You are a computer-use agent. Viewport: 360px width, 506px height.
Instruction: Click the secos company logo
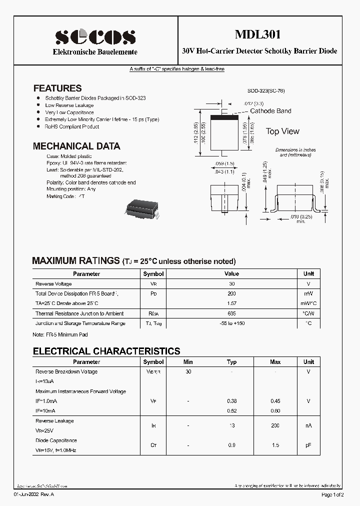[95, 36]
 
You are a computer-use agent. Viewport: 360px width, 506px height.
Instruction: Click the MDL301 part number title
[258, 34]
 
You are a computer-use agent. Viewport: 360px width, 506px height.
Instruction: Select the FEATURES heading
[57, 88]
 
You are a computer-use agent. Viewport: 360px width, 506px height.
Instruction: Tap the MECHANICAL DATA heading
[76, 146]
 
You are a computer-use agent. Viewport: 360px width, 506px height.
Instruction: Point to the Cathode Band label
[270, 111]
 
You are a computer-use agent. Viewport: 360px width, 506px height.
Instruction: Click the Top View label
[282, 131]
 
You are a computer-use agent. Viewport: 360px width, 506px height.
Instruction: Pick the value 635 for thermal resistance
[231, 313]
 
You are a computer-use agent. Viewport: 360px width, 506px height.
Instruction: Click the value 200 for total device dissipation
[231, 294]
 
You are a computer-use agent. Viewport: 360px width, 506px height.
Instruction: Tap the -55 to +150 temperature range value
[231, 323]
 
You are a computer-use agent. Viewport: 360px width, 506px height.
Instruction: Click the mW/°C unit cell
[308, 303]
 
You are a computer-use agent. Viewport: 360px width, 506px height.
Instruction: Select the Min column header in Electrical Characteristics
[188, 362]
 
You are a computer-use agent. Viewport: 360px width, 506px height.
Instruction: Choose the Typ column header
[231, 362]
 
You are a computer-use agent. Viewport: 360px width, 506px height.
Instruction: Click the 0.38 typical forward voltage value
[231, 401]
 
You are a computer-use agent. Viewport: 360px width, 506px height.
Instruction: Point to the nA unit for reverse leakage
[308, 425]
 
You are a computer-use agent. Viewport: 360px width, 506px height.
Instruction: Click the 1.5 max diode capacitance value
[275, 445]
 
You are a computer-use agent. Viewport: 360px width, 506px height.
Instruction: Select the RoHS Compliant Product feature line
[72, 127]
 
